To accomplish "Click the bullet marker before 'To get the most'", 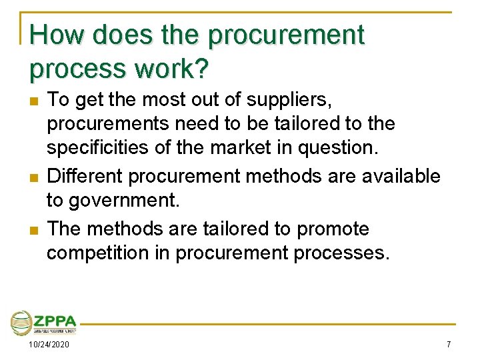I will [x=34, y=102].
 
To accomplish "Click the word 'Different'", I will [x=85, y=176].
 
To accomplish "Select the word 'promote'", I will [x=333, y=229].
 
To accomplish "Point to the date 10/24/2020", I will [x=48, y=345].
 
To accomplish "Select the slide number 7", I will [x=449, y=345].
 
